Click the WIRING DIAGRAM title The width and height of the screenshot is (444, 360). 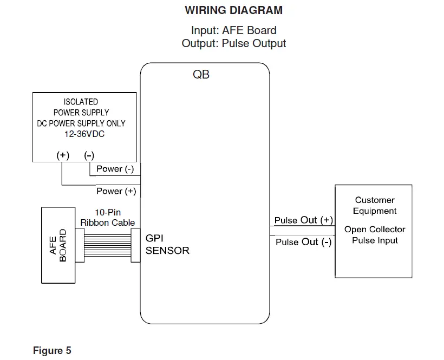click(x=233, y=10)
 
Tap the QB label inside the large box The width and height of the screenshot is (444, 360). click(x=201, y=74)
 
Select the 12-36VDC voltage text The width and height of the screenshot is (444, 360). click(x=84, y=134)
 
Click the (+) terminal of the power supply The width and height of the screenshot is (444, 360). click(x=63, y=155)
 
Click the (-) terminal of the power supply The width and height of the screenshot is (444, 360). click(x=89, y=155)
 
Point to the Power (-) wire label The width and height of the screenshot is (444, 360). click(x=115, y=169)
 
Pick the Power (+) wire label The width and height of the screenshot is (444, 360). click(x=116, y=191)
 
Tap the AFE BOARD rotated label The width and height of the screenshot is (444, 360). click(x=58, y=245)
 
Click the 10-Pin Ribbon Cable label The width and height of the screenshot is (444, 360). click(x=108, y=218)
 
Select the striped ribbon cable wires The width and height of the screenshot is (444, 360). click(x=108, y=245)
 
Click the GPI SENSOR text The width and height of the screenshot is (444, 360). click(x=167, y=244)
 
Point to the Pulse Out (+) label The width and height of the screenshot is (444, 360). click(x=304, y=220)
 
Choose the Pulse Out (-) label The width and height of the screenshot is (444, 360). click(x=304, y=242)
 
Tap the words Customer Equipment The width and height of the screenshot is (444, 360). click(x=375, y=206)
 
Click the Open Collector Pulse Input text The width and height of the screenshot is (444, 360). click(x=375, y=234)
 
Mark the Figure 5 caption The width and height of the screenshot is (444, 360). click(x=52, y=350)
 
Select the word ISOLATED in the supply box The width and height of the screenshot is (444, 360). click(x=81, y=102)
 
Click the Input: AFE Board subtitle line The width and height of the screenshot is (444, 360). click(x=233, y=30)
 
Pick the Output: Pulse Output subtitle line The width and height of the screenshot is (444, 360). click(x=233, y=43)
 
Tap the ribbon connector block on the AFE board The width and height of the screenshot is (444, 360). click(x=80, y=245)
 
